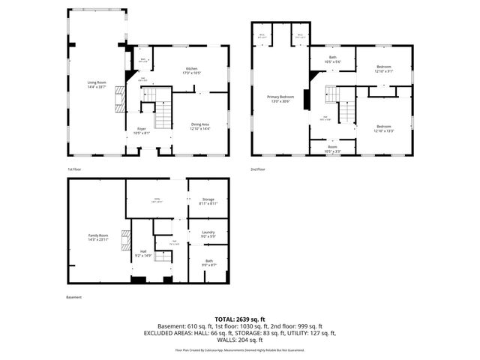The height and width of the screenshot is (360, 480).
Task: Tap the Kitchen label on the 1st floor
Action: coord(192,71)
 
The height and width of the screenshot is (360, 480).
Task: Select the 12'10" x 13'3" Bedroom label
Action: coord(383,128)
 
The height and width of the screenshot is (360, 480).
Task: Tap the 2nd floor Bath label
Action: coord(332,59)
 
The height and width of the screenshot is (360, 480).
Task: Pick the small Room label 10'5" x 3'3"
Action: coord(331,149)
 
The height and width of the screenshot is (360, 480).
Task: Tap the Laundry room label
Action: coord(208,235)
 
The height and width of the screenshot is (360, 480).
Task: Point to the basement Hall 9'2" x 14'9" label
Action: coord(143,254)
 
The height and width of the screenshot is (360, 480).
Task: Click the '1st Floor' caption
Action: coord(75,169)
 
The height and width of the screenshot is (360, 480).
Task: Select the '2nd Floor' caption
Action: coord(259,169)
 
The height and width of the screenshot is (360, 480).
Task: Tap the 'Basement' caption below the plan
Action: coord(73,297)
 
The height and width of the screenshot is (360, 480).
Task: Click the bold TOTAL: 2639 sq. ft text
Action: coord(240,319)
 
